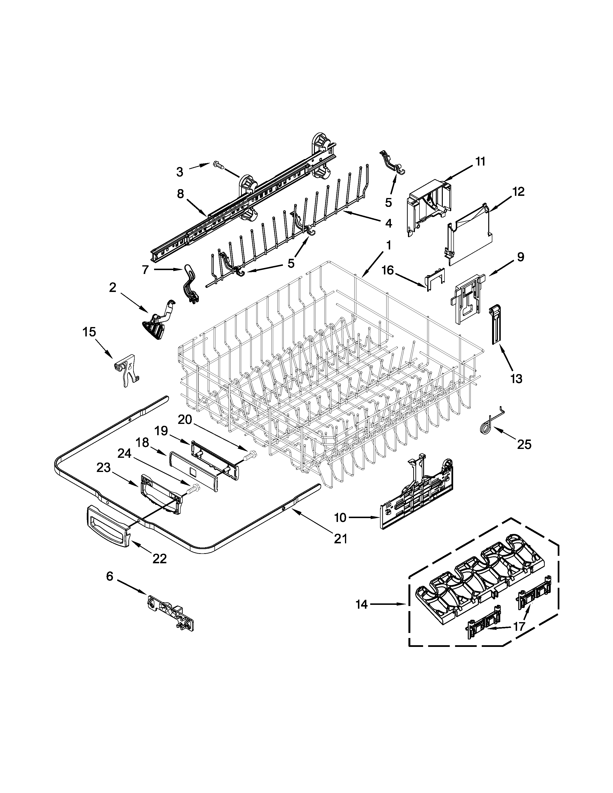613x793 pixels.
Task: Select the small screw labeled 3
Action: [x=218, y=165]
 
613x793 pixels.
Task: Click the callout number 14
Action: [x=361, y=605]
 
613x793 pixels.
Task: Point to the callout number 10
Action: [x=340, y=517]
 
